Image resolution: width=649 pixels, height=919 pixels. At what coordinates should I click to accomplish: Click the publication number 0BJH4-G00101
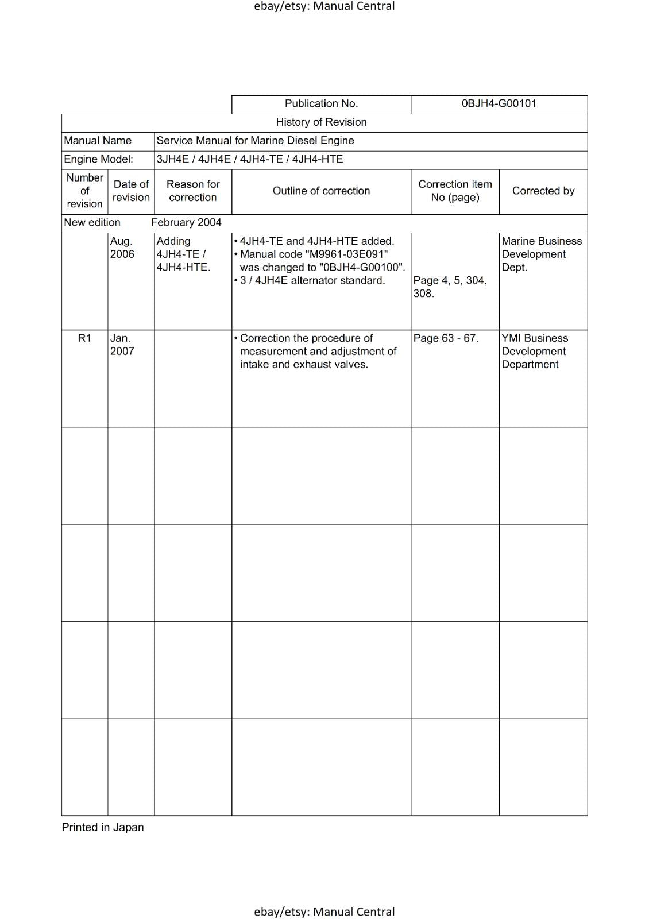(x=499, y=103)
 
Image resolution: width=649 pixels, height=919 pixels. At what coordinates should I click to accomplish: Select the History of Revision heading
(x=321, y=122)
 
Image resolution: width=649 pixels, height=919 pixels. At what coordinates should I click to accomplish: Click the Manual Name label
(x=98, y=141)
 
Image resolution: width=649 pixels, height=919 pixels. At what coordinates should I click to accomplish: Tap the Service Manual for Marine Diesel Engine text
(x=255, y=141)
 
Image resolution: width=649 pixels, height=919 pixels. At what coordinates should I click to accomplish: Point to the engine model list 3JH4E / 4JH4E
(x=249, y=159)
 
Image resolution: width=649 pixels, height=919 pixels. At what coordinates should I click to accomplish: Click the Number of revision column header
(x=84, y=191)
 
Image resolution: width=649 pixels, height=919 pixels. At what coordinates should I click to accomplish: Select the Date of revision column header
(x=131, y=191)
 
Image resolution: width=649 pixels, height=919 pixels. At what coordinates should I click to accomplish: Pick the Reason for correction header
(x=193, y=191)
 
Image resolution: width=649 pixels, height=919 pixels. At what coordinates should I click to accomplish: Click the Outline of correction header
(x=321, y=191)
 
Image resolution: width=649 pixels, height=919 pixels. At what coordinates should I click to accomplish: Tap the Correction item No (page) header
(x=455, y=191)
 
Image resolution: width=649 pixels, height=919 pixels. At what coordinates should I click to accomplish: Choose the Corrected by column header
(x=543, y=191)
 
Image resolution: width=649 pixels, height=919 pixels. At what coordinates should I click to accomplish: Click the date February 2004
(x=186, y=222)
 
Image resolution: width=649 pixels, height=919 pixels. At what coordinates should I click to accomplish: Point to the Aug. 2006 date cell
(x=122, y=248)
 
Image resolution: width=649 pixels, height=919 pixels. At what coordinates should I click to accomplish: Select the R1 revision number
(x=84, y=338)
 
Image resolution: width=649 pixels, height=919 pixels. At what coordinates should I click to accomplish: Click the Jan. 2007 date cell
(x=122, y=345)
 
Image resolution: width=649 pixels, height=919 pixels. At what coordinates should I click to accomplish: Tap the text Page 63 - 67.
(x=446, y=338)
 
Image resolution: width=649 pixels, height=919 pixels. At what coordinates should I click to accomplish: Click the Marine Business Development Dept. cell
(x=541, y=254)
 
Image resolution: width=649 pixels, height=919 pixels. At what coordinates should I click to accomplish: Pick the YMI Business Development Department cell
(x=534, y=351)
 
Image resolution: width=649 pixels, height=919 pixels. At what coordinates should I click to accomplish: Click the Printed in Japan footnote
(x=103, y=827)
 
